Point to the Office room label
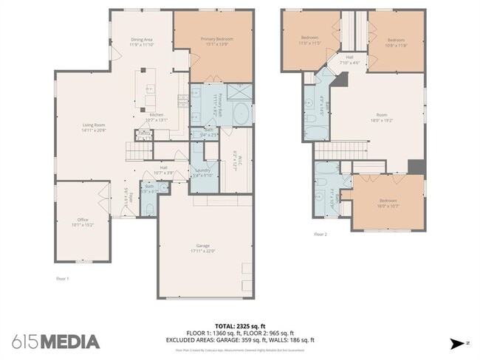coord(83,221)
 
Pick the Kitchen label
coord(157,117)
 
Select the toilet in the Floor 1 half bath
coord(150,209)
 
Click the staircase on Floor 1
coord(137,152)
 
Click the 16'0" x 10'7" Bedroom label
coord(388,203)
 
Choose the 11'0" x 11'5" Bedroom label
coord(309,40)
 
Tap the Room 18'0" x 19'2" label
coord(381,117)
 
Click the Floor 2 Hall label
coord(349,60)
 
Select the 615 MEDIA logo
coord(55,341)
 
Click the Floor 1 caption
coord(63,278)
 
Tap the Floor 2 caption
coord(320,234)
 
